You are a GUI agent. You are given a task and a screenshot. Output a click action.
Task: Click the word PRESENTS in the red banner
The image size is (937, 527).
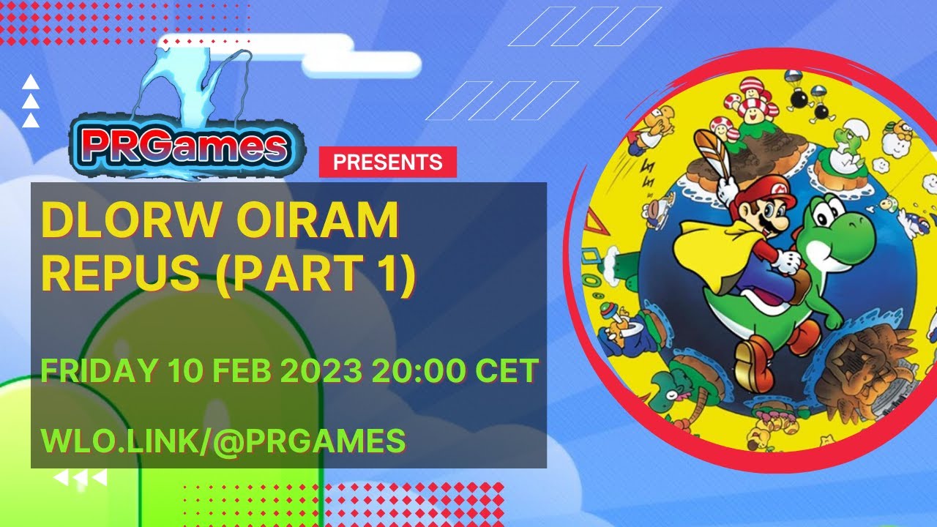387,162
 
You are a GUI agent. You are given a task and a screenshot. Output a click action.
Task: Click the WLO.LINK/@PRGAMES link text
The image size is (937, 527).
223,440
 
